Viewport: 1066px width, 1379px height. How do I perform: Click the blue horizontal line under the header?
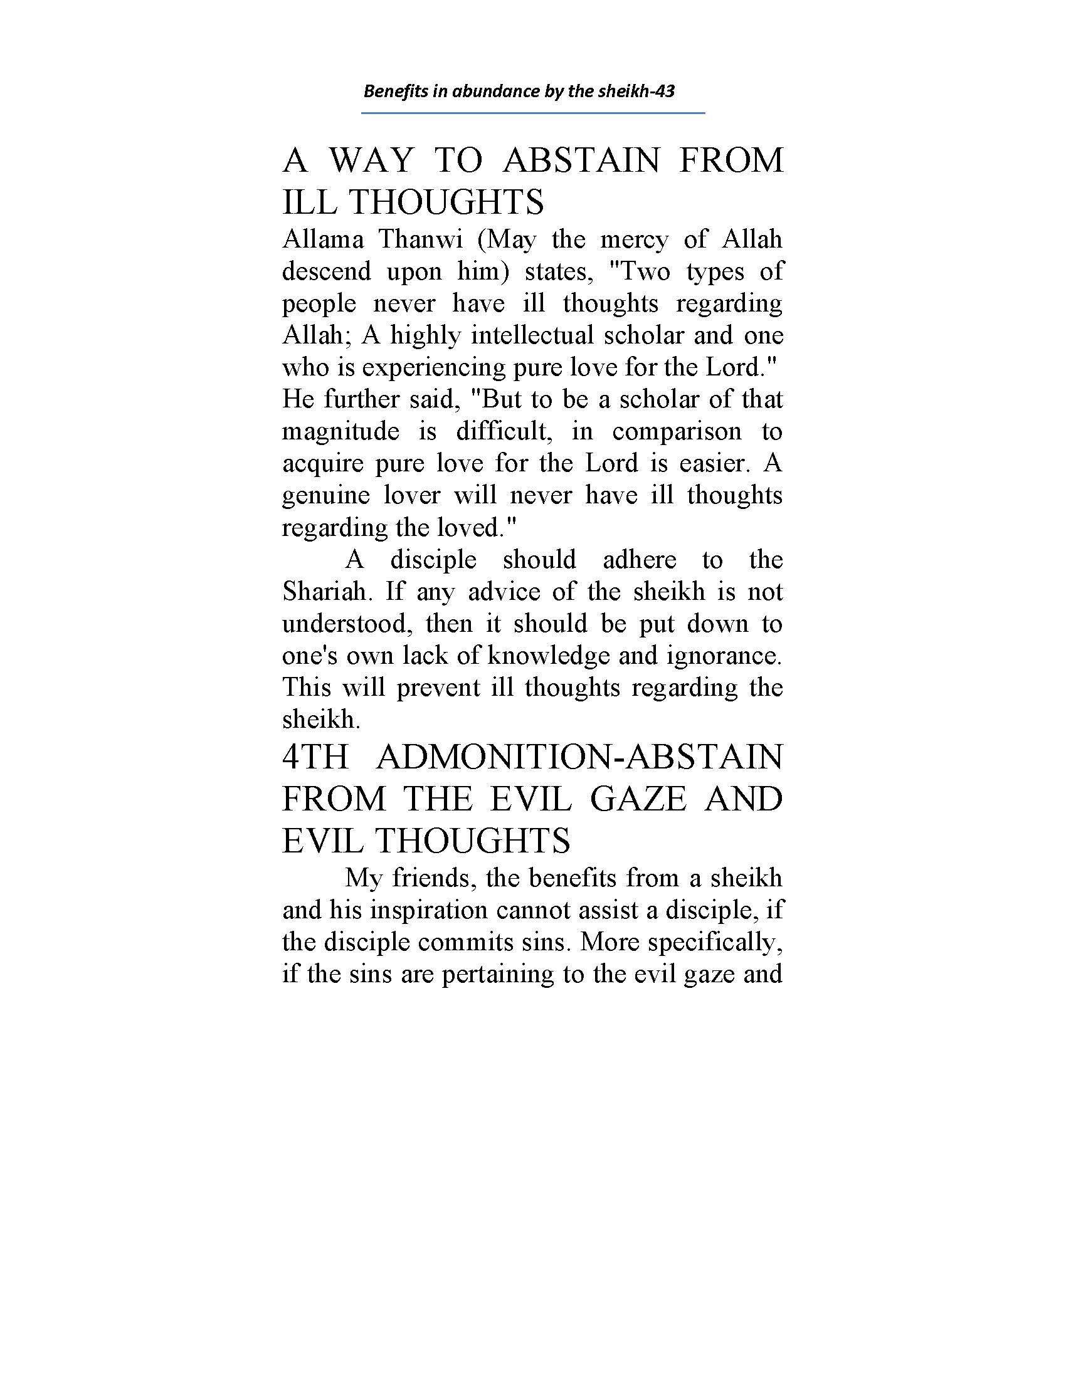(x=532, y=113)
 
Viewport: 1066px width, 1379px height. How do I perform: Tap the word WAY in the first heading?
(x=371, y=160)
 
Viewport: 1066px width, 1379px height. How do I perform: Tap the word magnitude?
(x=340, y=432)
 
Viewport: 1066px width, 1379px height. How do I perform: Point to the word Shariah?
(x=325, y=592)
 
